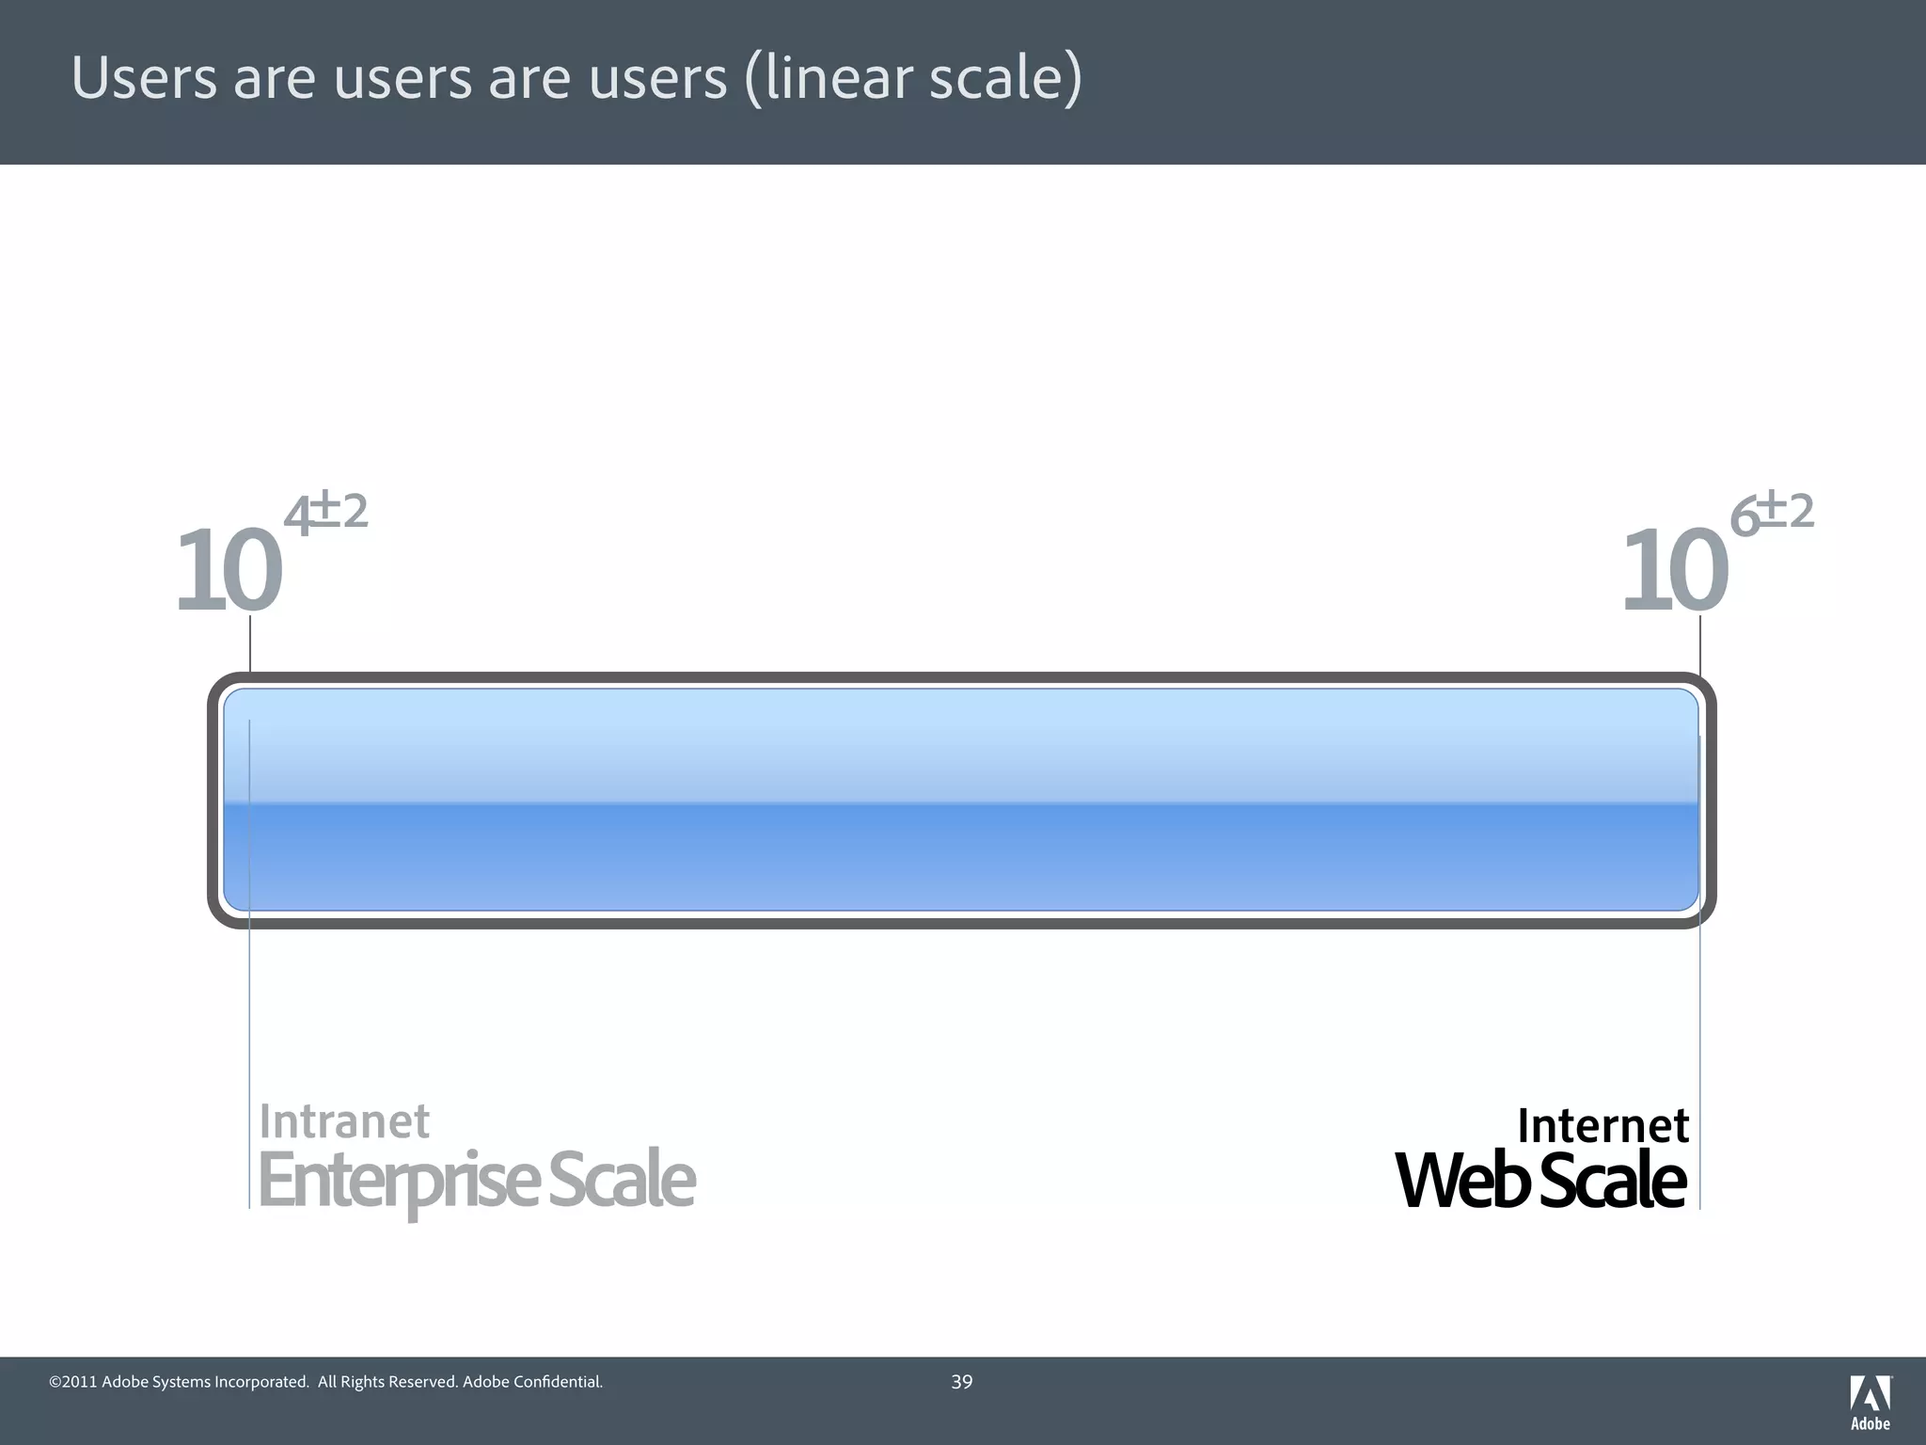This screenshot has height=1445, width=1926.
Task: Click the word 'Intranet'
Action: coord(344,1121)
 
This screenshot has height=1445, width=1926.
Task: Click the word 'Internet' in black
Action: coord(1603,1125)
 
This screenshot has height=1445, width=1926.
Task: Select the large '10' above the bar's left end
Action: coord(229,570)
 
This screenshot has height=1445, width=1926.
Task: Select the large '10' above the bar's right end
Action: coord(1675,570)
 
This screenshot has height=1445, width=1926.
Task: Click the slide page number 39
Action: coord(962,1382)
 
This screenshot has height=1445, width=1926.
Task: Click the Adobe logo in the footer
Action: coord(1871,1402)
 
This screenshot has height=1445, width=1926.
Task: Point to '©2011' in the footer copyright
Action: coord(72,1382)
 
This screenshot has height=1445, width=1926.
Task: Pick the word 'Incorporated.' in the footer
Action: coord(262,1382)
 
